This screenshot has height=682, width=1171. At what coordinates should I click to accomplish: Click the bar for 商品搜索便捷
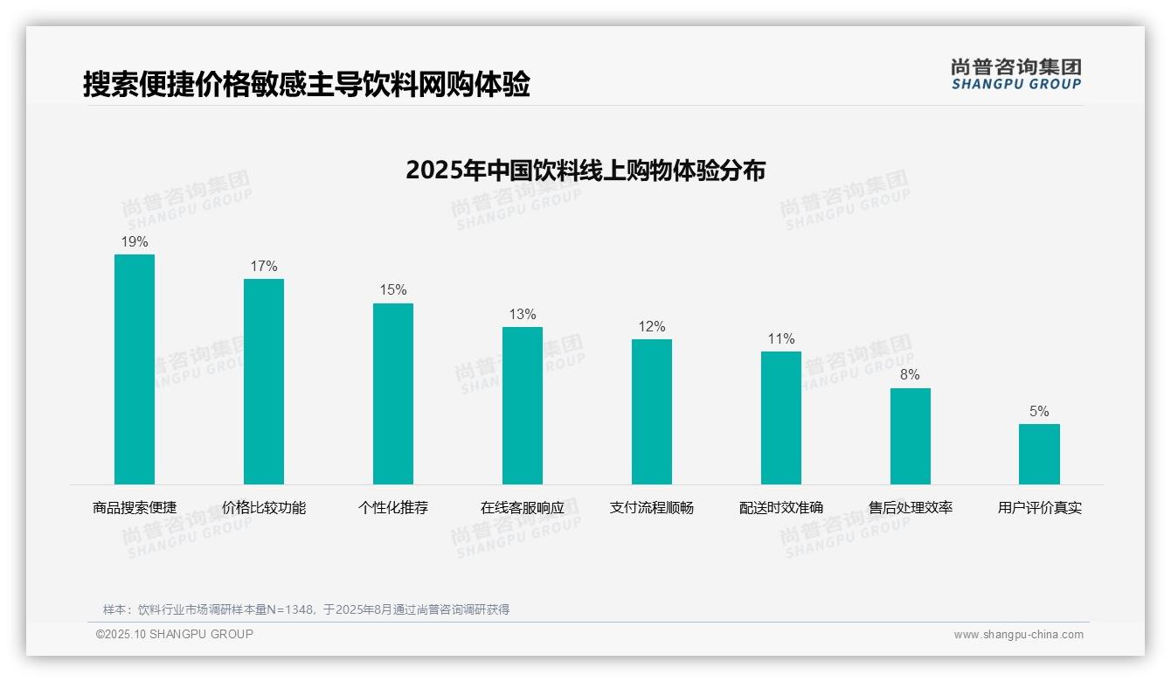[x=135, y=369]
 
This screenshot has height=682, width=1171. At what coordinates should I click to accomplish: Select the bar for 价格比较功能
[x=264, y=381]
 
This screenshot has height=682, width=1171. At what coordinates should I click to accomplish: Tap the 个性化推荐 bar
[x=393, y=393]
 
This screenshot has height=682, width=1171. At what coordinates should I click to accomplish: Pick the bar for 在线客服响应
[x=523, y=406]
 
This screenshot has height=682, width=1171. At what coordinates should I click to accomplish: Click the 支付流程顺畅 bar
[x=652, y=412]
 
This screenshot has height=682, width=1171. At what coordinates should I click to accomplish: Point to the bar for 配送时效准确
[x=781, y=418]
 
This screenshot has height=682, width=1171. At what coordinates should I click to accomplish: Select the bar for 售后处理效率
[x=911, y=436]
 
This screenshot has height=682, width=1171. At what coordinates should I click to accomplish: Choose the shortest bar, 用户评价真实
[x=1039, y=454]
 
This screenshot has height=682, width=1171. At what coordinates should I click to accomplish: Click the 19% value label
[x=135, y=241]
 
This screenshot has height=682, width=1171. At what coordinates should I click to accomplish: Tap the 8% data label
[x=910, y=374]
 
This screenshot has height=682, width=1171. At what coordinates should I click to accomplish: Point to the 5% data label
[x=1039, y=411]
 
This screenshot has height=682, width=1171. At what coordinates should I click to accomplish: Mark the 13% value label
[x=523, y=314]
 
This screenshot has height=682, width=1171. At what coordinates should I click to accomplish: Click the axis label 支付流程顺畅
[x=652, y=507]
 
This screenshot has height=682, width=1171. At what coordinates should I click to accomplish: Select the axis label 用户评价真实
[x=1039, y=507]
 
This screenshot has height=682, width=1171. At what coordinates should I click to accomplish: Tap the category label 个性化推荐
[x=393, y=507]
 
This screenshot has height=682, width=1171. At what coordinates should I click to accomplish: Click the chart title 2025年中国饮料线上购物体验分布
[x=585, y=170]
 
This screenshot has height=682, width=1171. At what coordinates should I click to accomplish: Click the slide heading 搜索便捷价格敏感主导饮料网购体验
[x=307, y=85]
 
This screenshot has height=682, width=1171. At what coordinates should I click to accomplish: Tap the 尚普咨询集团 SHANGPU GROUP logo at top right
[x=1015, y=73]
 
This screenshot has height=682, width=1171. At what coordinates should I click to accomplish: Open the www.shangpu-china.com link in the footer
[x=1018, y=635]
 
